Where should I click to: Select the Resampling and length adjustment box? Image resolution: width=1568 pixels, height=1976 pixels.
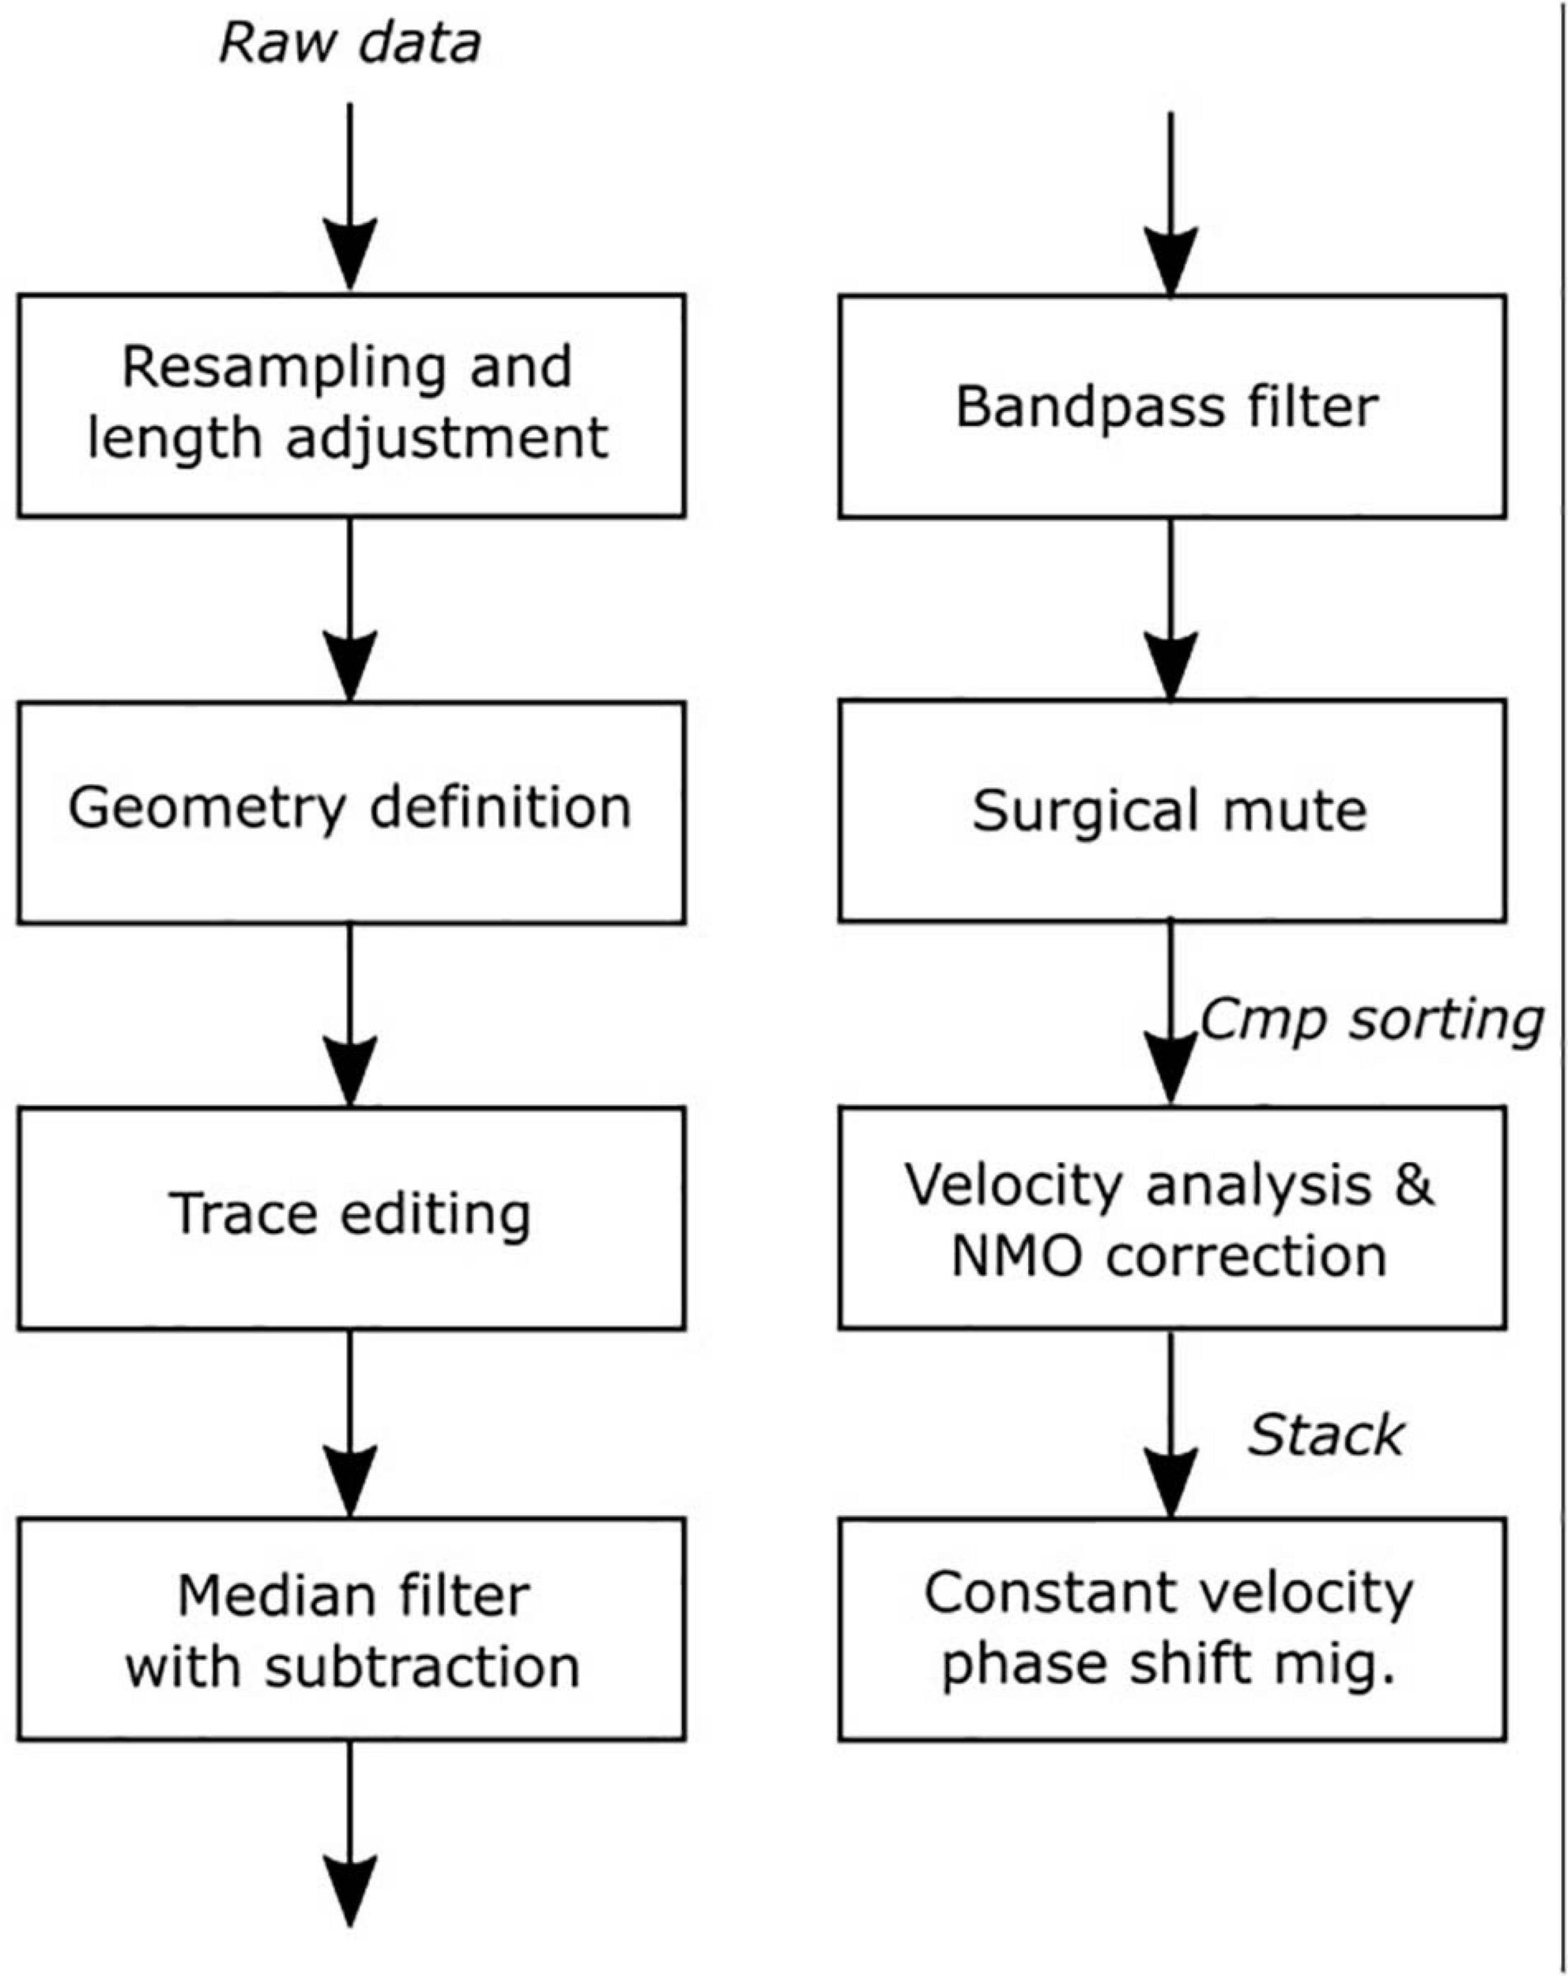(x=351, y=406)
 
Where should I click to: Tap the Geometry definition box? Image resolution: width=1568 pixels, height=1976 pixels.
(x=351, y=812)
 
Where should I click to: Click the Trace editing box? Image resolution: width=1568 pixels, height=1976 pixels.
(x=351, y=1218)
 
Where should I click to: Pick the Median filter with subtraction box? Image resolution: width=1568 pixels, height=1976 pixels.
(x=351, y=1629)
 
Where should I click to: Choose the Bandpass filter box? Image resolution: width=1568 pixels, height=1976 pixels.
(x=1172, y=407)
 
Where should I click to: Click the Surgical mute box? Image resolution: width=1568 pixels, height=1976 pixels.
(x=1172, y=810)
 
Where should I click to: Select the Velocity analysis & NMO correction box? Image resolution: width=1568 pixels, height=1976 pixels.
(x=1172, y=1218)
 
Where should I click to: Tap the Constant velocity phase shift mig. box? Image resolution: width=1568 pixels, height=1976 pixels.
(x=1172, y=1629)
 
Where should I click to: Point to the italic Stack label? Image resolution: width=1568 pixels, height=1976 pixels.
(x=1325, y=1435)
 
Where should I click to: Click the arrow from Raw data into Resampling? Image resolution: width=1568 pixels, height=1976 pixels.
(x=350, y=197)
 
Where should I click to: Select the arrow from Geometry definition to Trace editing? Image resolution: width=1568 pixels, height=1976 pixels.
(x=350, y=1016)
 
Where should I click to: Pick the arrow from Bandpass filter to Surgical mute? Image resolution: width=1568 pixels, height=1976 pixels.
(x=1170, y=609)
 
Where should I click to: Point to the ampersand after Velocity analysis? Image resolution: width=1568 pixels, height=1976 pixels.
(x=1414, y=1184)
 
